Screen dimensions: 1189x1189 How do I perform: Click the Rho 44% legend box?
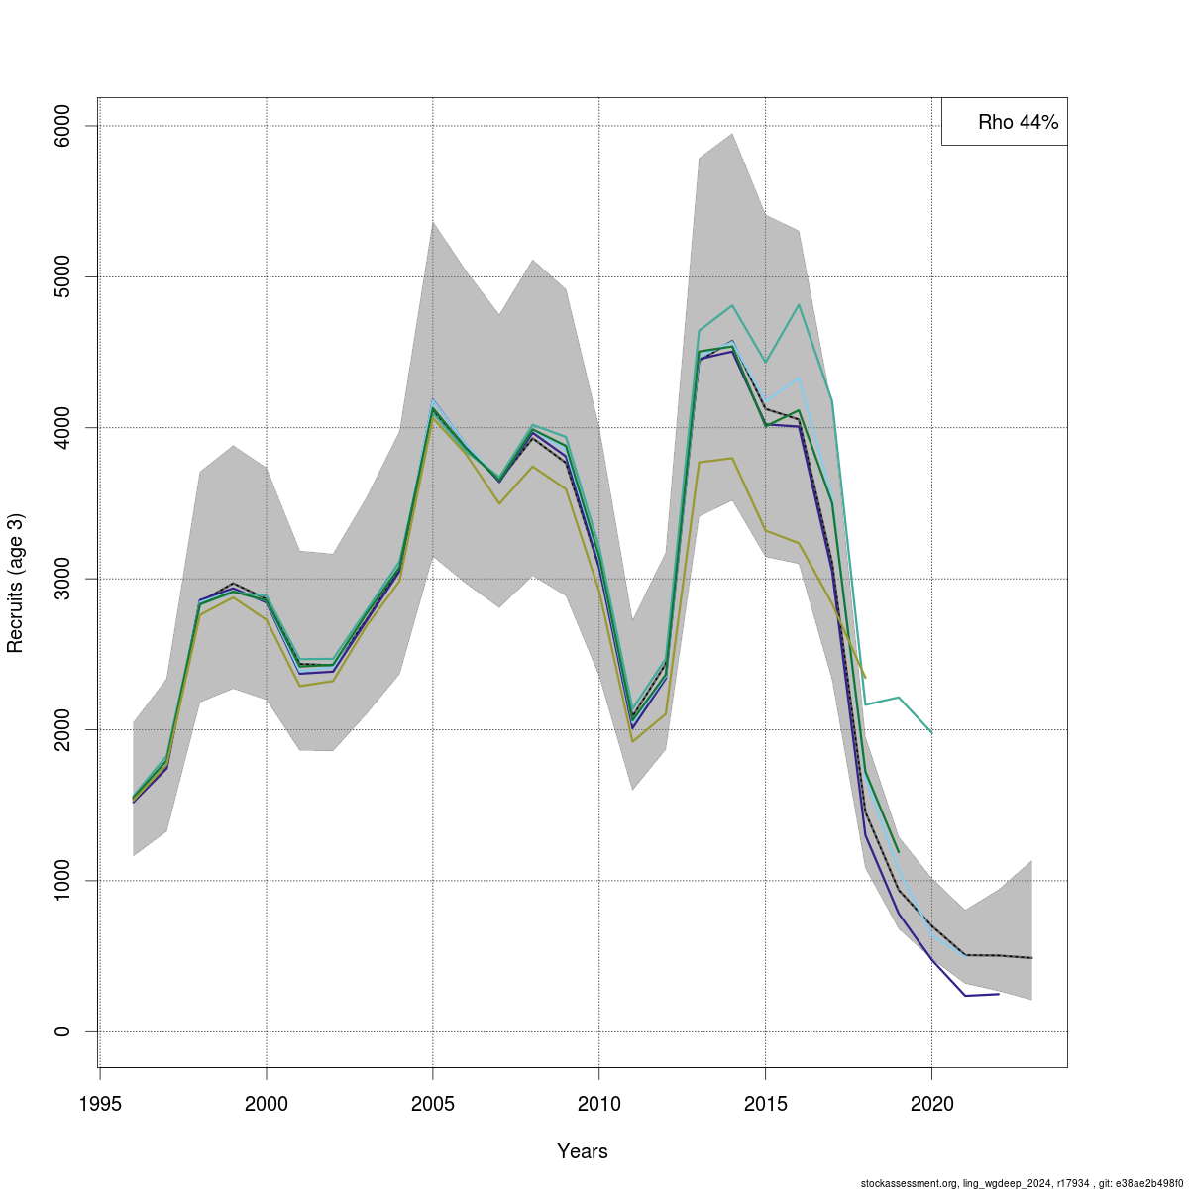(1004, 122)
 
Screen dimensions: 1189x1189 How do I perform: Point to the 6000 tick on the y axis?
(62, 126)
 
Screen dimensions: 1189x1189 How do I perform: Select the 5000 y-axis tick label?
(62, 276)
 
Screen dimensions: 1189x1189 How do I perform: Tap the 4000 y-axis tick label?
(62, 428)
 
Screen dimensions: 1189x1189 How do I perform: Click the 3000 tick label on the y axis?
(62, 579)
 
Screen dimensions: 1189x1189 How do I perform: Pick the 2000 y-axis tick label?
(62, 729)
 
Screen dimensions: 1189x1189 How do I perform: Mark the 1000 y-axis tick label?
(62, 881)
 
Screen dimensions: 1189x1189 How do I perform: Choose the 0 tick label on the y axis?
(62, 1031)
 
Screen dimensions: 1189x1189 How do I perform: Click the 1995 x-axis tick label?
(100, 1104)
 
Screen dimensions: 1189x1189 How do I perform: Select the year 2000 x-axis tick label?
(267, 1104)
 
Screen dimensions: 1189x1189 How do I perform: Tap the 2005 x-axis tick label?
(433, 1104)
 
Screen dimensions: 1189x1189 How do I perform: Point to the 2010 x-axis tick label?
(599, 1104)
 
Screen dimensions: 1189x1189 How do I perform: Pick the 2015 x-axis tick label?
(766, 1104)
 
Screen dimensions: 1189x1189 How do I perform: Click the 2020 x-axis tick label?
(932, 1104)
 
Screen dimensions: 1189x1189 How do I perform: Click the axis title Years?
(583, 1151)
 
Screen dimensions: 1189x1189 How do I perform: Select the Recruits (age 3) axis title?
(15, 583)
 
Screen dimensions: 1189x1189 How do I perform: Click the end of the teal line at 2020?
(932, 732)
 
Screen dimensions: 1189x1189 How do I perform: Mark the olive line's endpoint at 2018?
(865, 678)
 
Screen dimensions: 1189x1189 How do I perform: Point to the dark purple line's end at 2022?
(999, 993)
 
